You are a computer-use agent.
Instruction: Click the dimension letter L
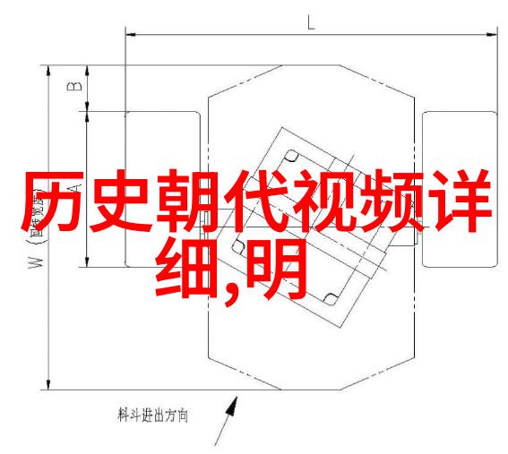pyautogui.click(x=311, y=22)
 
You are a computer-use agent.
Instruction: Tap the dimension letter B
pyautogui.click(x=75, y=87)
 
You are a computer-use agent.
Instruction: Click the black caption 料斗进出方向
pyautogui.click(x=152, y=415)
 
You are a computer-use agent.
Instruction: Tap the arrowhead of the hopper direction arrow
pyautogui.click(x=232, y=406)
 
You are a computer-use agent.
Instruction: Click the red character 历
pyautogui.click(x=53, y=201)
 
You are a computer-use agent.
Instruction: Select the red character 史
pyautogui.click(x=120, y=201)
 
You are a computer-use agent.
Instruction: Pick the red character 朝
pyautogui.click(x=187, y=201)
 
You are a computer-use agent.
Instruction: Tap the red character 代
pyautogui.click(x=255, y=201)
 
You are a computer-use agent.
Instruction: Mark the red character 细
pyautogui.click(x=185, y=269)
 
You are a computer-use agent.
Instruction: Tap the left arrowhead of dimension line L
pyautogui.click(x=130, y=34)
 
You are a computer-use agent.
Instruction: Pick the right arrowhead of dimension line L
pyautogui.click(x=492, y=34)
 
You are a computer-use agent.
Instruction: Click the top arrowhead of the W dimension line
pyautogui.click(x=48, y=72)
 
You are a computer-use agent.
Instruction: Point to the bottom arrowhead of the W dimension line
pyautogui.click(x=48, y=384)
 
